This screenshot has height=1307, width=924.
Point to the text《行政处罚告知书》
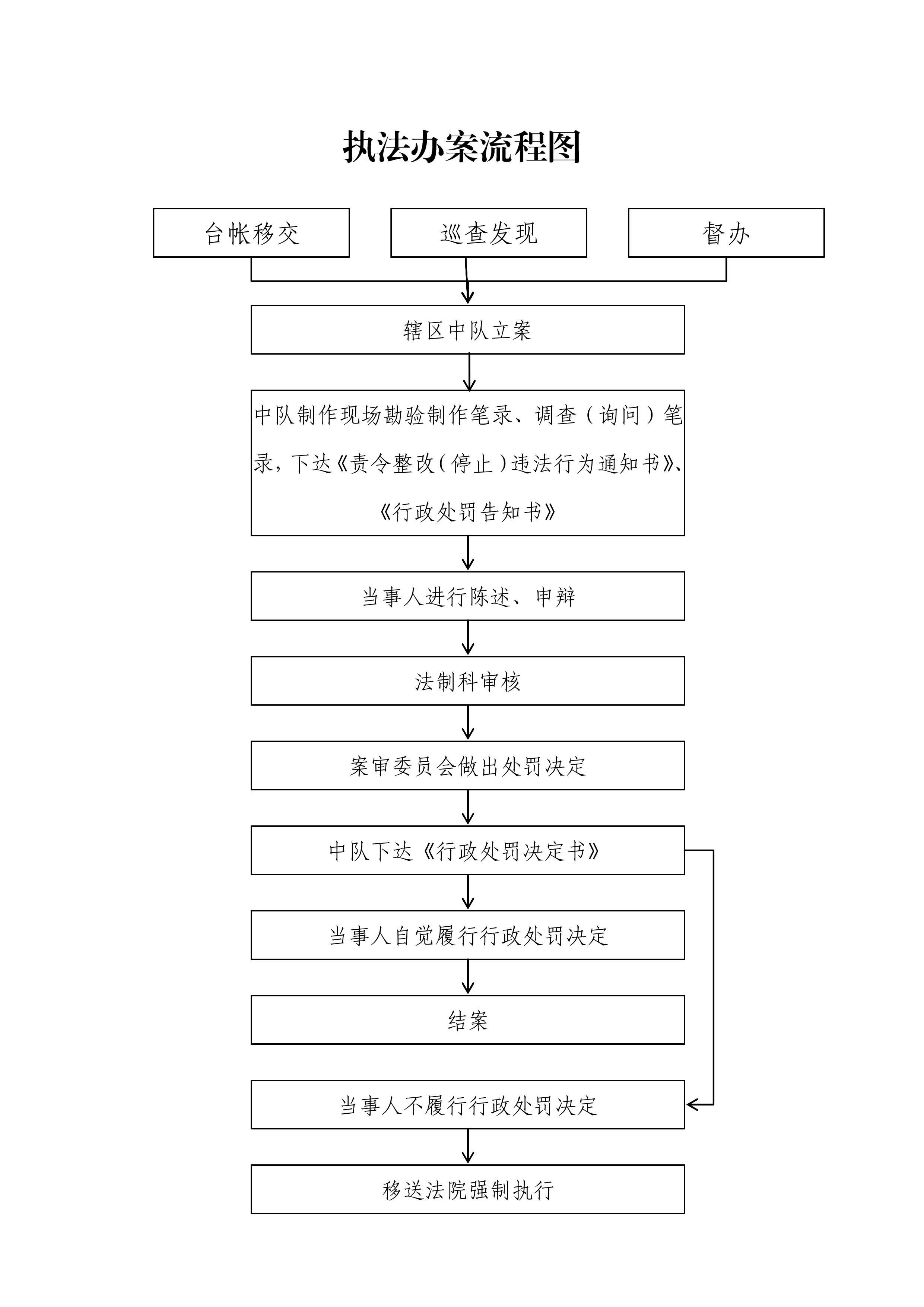point(467,512)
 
